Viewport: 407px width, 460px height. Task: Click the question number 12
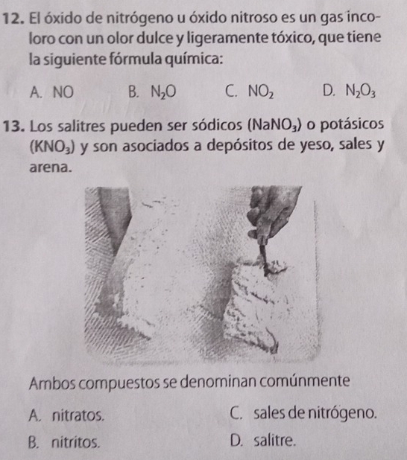pyautogui.click(x=13, y=19)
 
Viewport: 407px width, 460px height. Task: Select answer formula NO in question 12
pyautogui.click(x=63, y=92)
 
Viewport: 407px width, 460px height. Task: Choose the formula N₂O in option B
pyautogui.click(x=163, y=93)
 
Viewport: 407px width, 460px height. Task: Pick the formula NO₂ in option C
pyautogui.click(x=261, y=93)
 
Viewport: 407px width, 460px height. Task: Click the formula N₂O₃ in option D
pyautogui.click(x=360, y=92)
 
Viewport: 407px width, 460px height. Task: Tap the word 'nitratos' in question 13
pyautogui.click(x=78, y=415)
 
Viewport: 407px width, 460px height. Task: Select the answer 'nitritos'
pyautogui.click(x=76, y=442)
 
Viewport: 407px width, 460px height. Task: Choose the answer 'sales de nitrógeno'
pyautogui.click(x=315, y=413)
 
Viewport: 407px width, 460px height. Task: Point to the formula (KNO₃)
pyautogui.click(x=53, y=146)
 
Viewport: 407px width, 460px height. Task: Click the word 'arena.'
pyautogui.click(x=51, y=167)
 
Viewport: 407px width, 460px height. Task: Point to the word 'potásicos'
pyautogui.click(x=351, y=125)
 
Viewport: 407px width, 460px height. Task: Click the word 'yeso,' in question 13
pyautogui.click(x=317, y=146)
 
